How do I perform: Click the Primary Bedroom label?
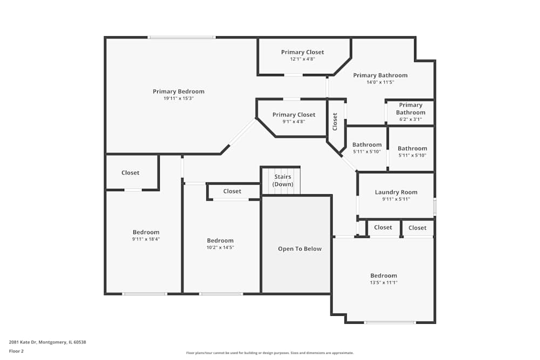pos(178,91)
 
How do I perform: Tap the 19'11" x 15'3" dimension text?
pos(178,98)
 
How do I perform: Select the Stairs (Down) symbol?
pos(281,180)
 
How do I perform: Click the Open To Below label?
pos(300,249)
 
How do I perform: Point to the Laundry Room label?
pos(396,192)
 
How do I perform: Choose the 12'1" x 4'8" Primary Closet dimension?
pos(302,59)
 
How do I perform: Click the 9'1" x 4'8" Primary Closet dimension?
pos(294,121)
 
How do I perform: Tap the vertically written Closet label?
pos(335,121)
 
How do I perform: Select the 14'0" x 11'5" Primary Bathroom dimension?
pos(380,82)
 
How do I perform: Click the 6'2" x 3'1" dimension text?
pos(410,119)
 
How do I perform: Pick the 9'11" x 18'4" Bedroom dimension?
pos(146,239)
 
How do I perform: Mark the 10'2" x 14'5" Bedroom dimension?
pos(220,247)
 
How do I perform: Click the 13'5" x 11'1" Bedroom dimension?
pos(383,282)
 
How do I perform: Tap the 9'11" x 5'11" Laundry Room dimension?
pos(396,199)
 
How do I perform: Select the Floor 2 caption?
pos(16,351)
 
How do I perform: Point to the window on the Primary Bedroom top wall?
pos(181,37)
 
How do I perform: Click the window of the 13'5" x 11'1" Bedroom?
pos(390,322)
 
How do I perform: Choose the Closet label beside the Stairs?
pos(232,191)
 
